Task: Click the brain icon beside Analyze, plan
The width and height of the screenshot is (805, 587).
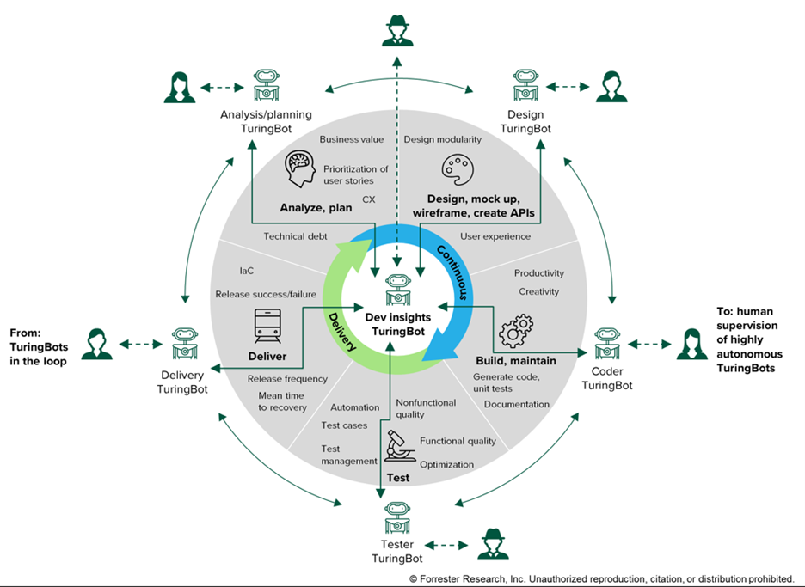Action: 301,170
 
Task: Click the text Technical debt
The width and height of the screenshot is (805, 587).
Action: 295,236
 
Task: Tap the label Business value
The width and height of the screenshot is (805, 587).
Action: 351,138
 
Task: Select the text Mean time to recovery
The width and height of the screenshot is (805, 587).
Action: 282,401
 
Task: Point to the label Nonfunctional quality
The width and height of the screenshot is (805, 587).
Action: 421,408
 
